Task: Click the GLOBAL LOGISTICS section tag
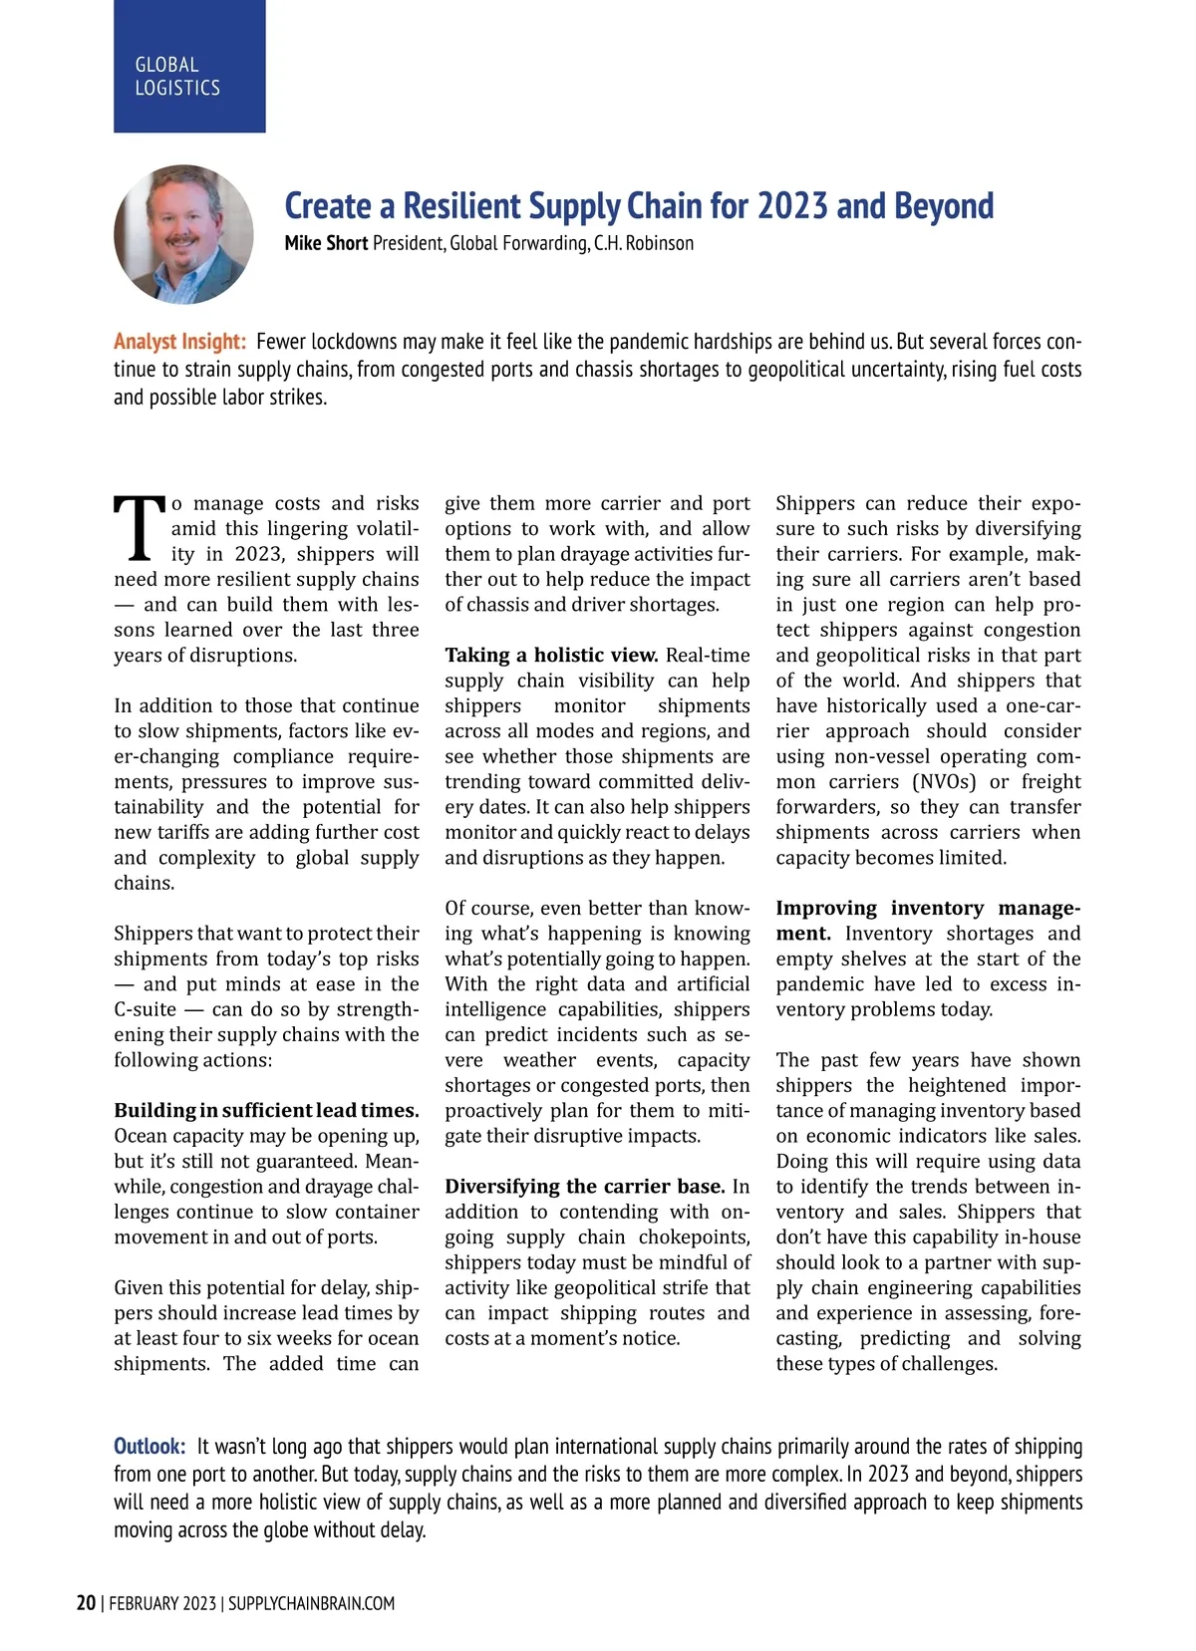pyautogui.click(x=177, y=77)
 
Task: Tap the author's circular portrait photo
pyautogui.click(x=183, y=234)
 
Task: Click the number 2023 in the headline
pyautogui.click(x=793, y=206)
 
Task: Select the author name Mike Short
pyautogui.click(x=326, y=243)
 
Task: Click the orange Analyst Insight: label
pyautogui.click(x=179, y=342)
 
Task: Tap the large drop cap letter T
pyautogui.click(x=139, y=528)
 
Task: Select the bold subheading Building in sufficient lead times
pyautogui.click(x=266, y=1110)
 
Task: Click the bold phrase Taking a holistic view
pyautogui.click(x=551, y=655)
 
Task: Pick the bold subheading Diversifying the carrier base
pyautogui.click(x=585, y=1186)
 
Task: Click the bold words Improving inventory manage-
pyautogui.click(x=928, y=908)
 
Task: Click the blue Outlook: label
pyautogui.click(x=149, y=1446)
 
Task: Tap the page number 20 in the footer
pyautogui.click(x=87, y=1603)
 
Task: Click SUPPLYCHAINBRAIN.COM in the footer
pyautogui.click(x=312, y=1603)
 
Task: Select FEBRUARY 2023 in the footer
pyautogui.click(x=162, y=1603)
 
